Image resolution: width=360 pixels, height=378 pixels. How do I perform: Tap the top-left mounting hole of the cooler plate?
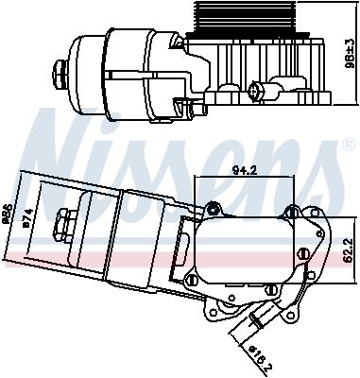214,208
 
